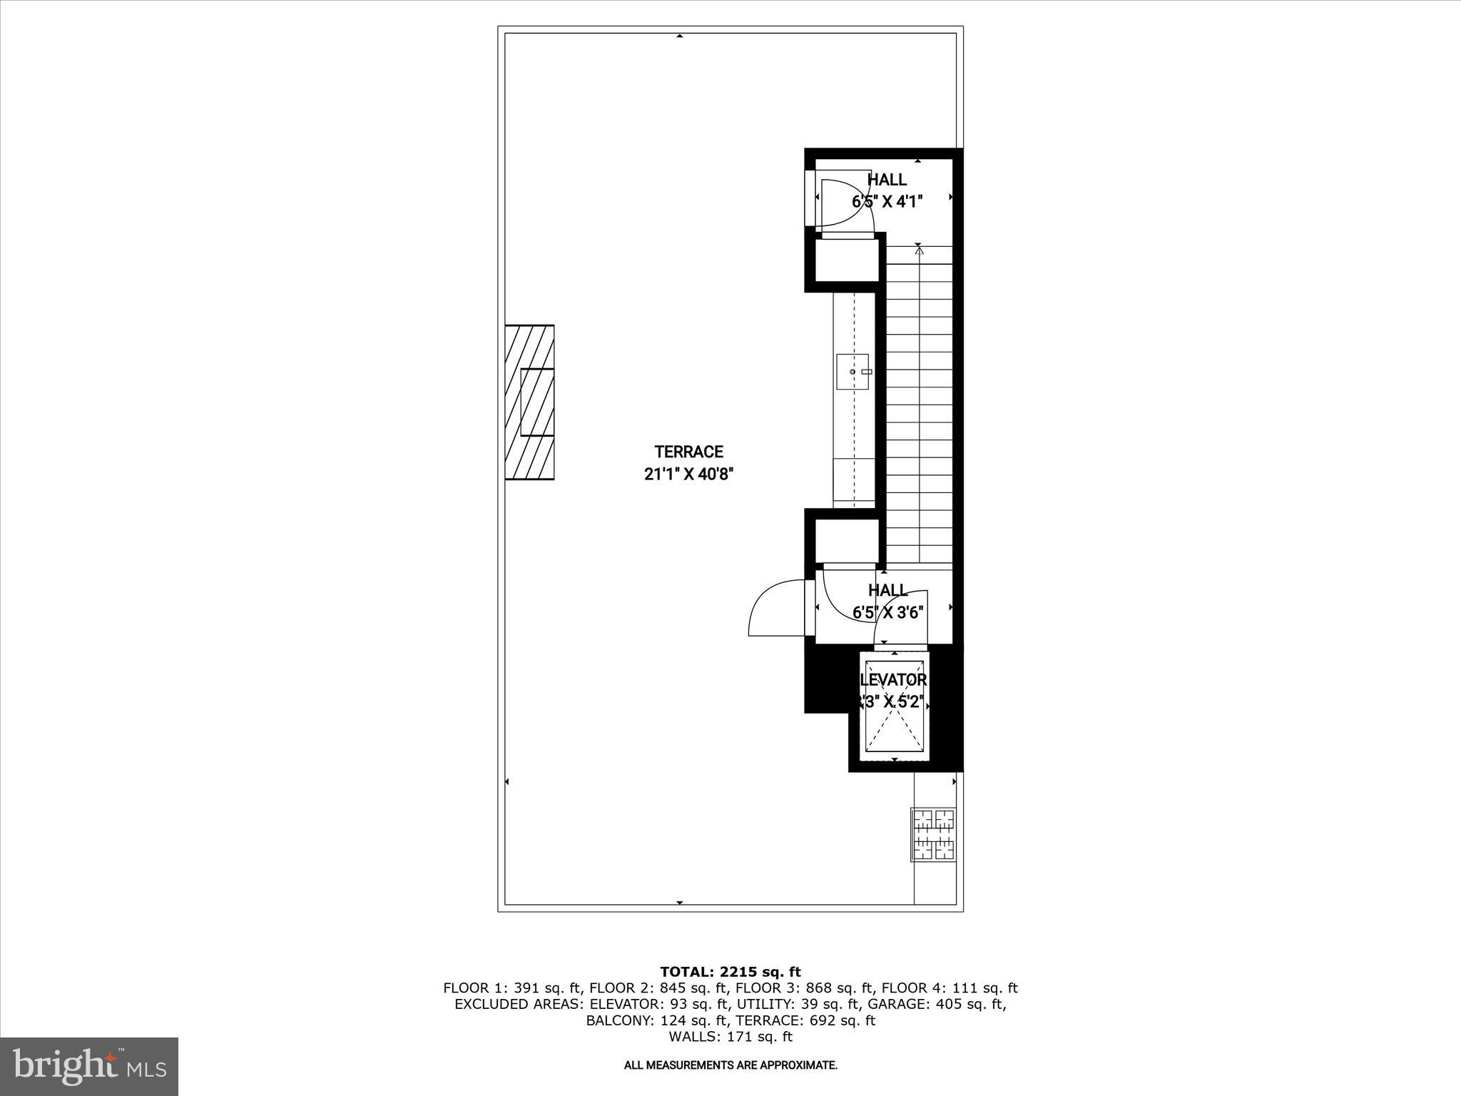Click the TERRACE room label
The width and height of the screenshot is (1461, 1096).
pos(688,452)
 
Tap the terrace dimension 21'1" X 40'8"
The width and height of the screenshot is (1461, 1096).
pos(688,475)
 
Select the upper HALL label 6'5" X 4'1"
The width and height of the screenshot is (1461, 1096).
pos(887,191)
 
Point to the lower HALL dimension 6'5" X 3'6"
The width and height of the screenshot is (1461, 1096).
pos(888,612)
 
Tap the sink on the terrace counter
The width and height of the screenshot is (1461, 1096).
pos(853,372)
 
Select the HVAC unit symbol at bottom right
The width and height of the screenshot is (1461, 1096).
pos(934,834)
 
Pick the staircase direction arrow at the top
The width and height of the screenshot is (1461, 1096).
pos(919,250)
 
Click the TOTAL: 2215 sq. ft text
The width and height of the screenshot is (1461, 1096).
pos(730,972)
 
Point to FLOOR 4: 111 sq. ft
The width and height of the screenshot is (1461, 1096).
pos(950,988)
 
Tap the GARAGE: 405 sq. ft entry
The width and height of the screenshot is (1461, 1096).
pos(957,1005)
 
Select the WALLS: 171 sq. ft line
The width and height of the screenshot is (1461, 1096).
pos(730,1037)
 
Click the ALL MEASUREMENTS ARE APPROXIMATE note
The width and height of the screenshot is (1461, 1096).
pos(730,1065)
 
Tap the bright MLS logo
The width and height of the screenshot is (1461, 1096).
pos(89,1066)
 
